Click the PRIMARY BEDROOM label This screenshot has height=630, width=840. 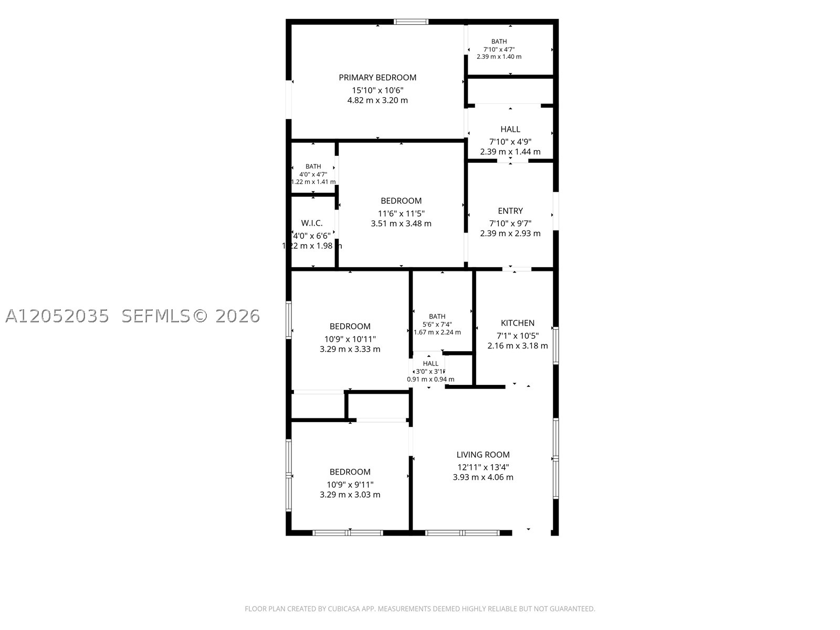(377, 78)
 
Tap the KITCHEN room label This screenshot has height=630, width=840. (518, 323)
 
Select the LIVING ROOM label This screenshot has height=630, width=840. (483, 455)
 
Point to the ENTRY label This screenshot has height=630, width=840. (510, 211)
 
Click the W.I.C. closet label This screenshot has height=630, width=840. (311, 223)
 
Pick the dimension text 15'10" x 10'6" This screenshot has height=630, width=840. (377, 90)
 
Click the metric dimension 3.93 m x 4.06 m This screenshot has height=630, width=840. (483, 477)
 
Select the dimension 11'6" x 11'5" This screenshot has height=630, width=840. (401, 214)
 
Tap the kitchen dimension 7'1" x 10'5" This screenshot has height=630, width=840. (518, 336)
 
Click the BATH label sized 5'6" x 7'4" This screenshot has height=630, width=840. (437, 317)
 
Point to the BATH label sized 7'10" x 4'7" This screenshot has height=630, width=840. (499, 41)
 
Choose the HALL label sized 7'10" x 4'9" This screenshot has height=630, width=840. (510, 129)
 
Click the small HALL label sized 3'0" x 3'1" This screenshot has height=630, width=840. (430, 364)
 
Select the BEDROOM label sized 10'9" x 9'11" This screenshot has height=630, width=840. (350, 472)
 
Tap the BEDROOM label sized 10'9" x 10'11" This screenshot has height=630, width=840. (350, 327)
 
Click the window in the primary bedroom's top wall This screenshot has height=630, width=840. (411, 22)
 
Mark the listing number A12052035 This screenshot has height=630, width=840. (57, 316)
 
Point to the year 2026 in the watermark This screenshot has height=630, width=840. (238, 316)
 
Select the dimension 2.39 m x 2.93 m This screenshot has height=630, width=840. (510, 233)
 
